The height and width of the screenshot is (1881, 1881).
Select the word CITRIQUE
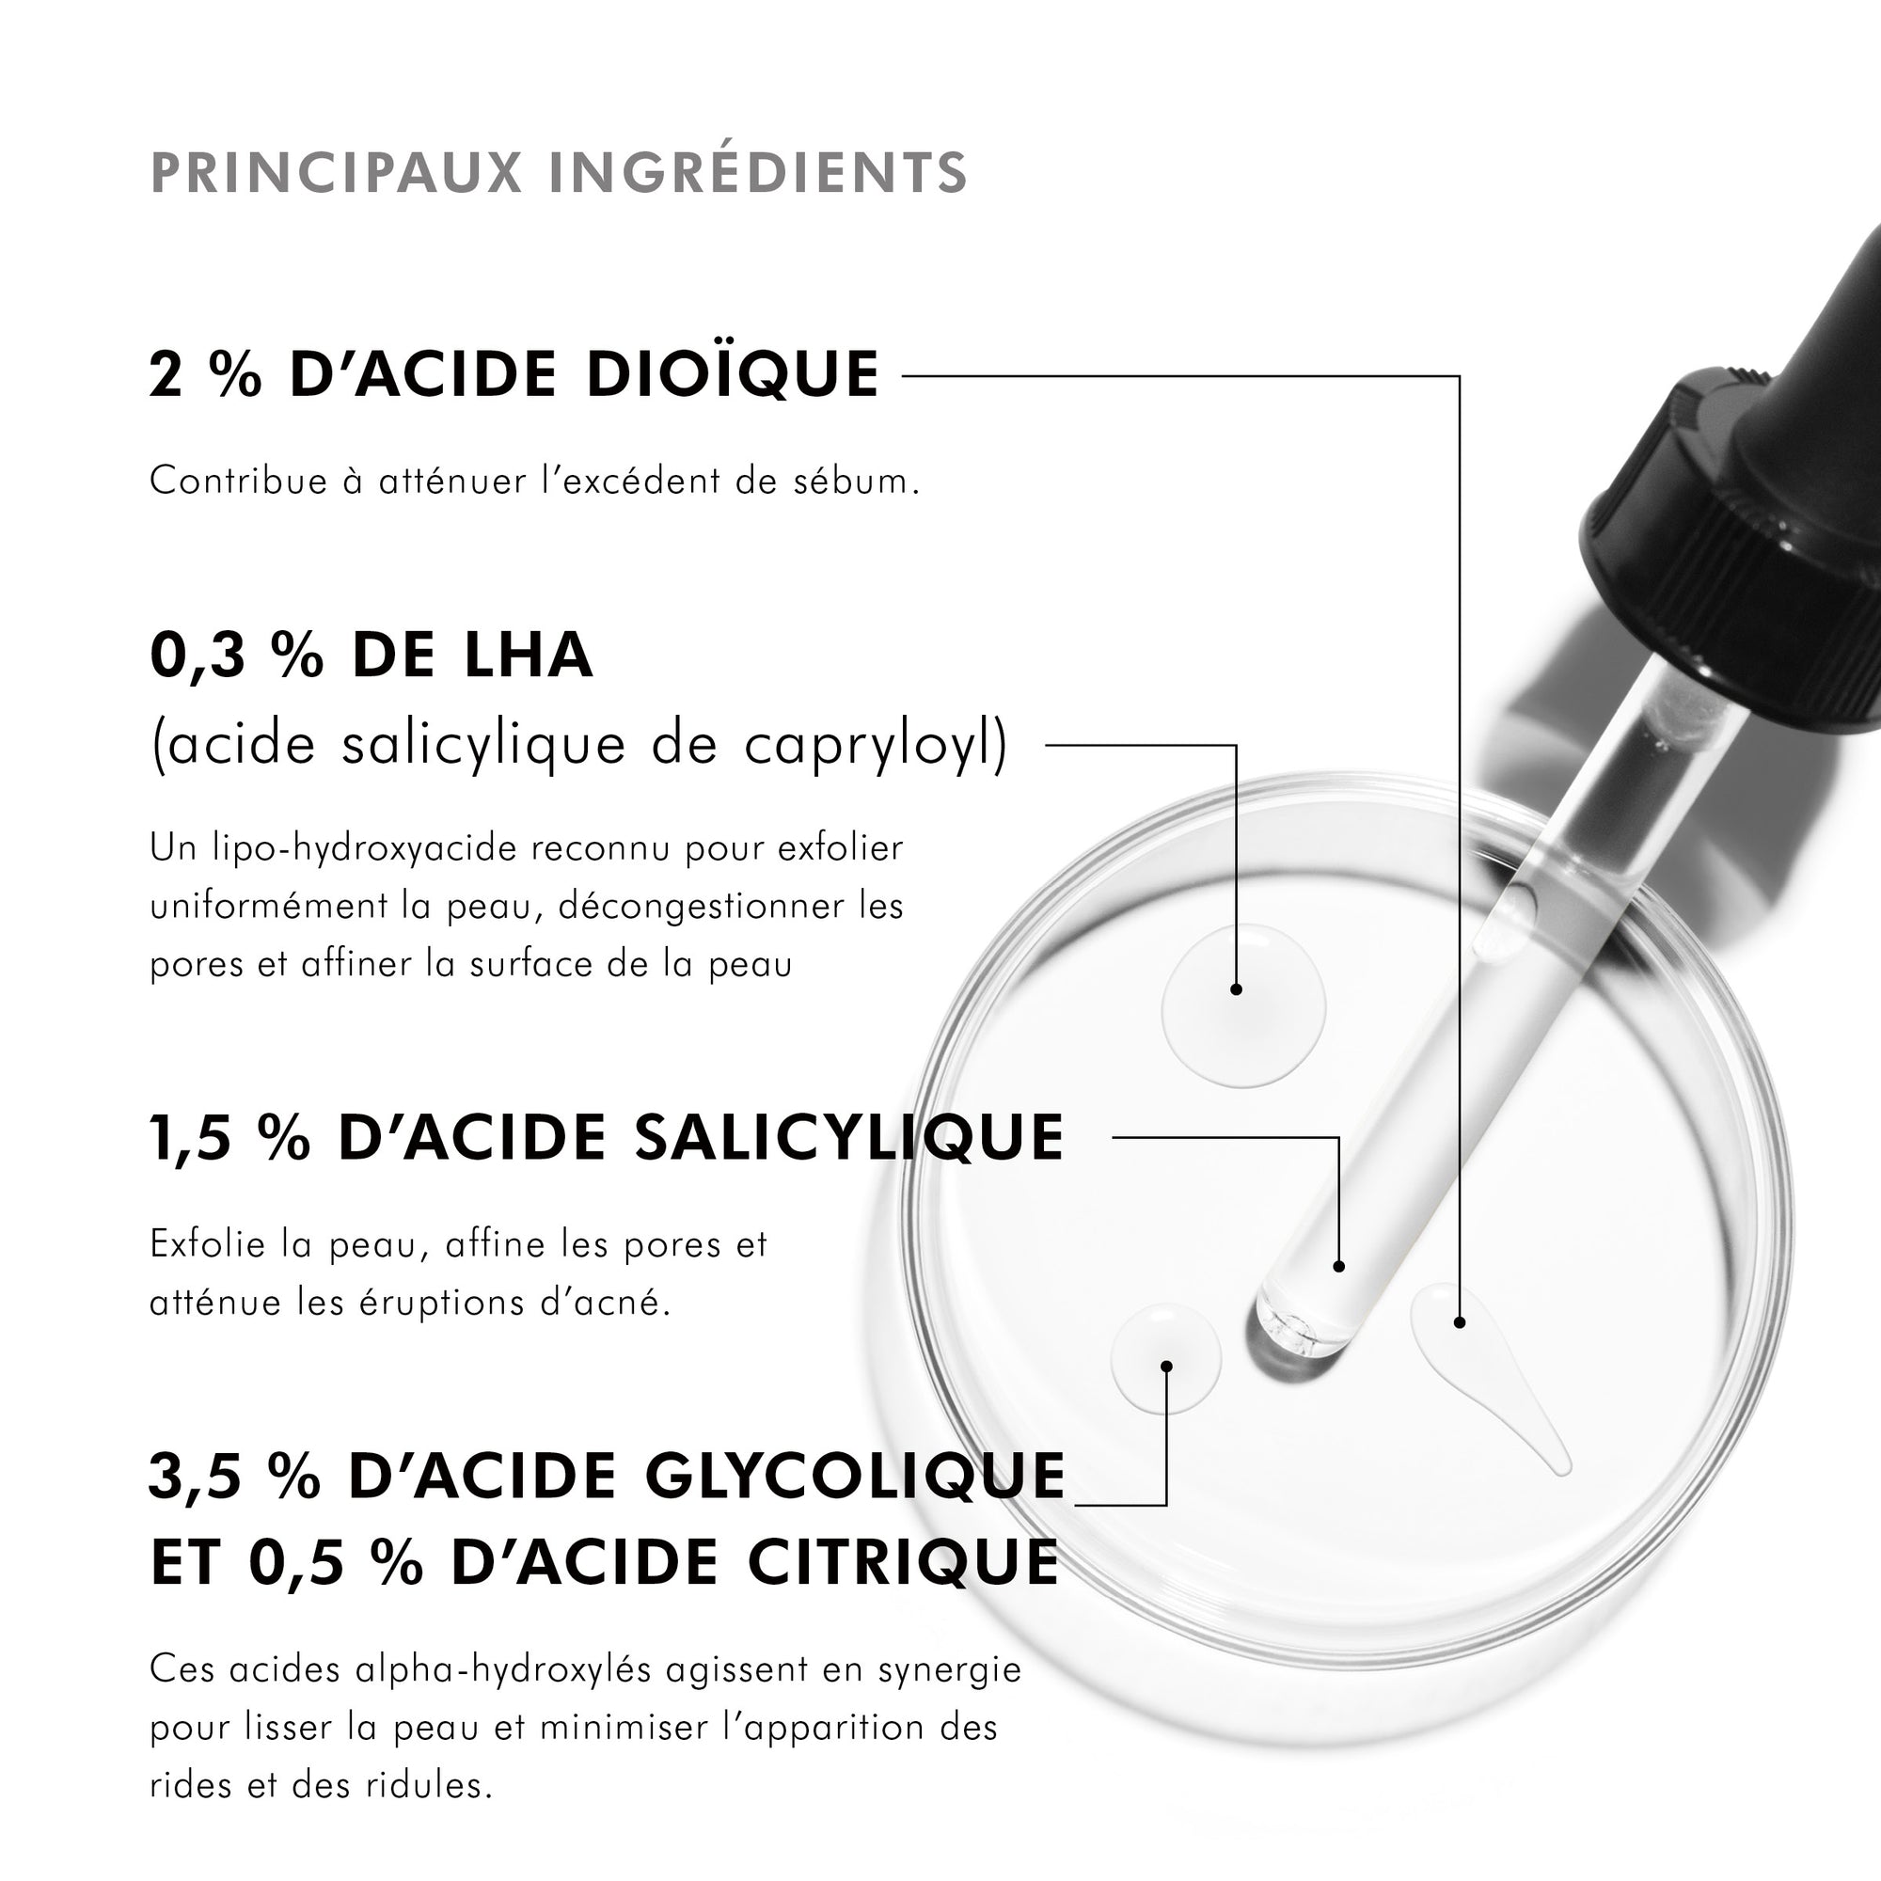tap(904, 1564)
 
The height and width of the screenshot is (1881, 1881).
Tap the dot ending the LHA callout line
tap(1236, 989)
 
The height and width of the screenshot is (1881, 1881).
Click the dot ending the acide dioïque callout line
tap(1459, 1322)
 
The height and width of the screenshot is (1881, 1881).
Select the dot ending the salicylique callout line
tap(1338, 1267)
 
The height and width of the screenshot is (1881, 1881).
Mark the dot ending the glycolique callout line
tap(1166, 1366)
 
